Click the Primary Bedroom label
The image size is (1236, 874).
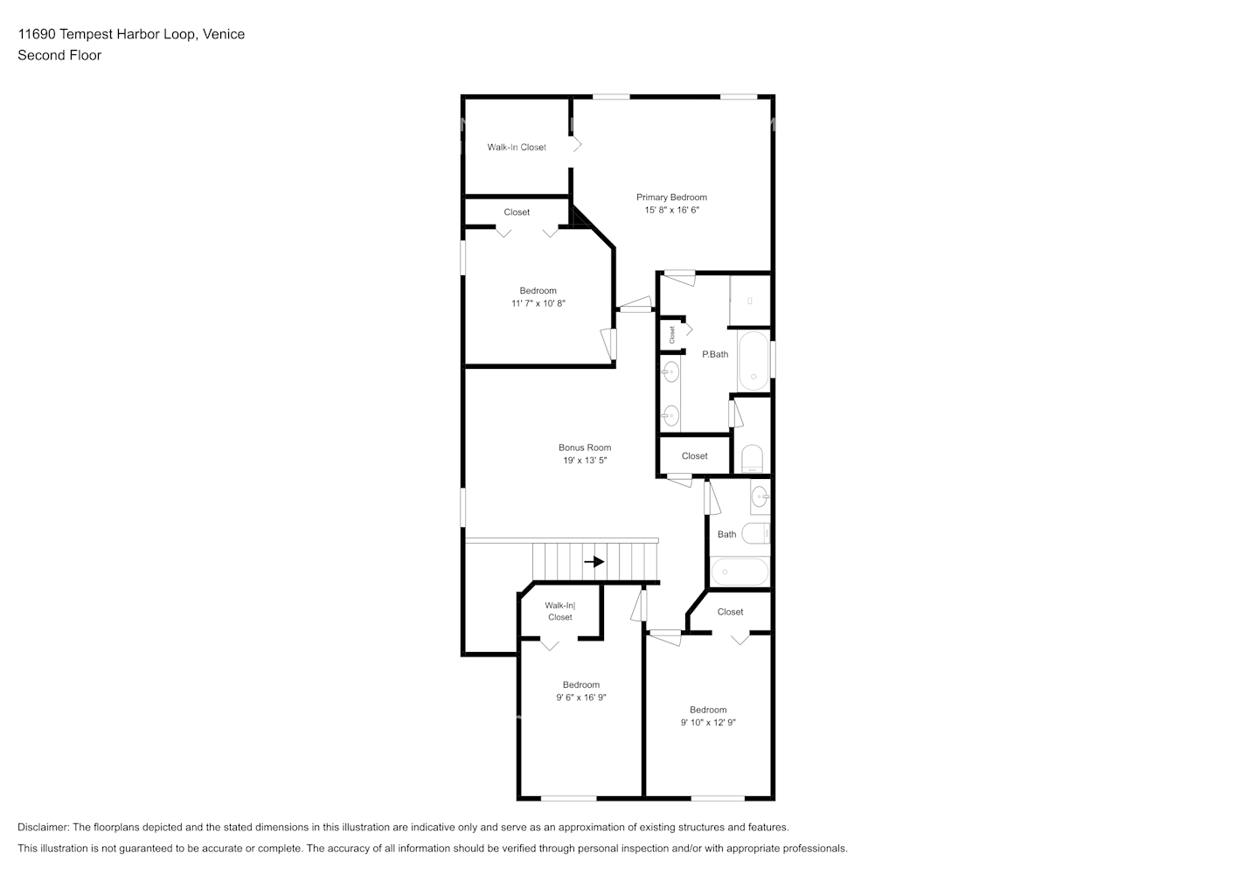click(671, 198)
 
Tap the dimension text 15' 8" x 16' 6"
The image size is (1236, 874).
click(671, 211)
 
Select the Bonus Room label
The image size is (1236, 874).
click(585, 447)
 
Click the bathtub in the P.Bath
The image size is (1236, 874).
click(753, 361)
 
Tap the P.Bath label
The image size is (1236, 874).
click(715, 354)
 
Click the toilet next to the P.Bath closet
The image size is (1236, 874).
click(752, 458)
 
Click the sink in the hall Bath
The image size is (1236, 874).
click(760, 497)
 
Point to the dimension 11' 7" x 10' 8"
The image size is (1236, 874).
click(538, 304)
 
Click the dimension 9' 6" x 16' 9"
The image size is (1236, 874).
click(581, 697)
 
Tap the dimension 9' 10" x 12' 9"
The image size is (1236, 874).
click(708, 723)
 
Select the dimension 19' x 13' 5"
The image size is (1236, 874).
click(585, 461)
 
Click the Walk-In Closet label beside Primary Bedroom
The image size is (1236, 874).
click(517, 147)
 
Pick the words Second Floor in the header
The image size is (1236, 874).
click(59, 55)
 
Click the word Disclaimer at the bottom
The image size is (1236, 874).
click(43, 827)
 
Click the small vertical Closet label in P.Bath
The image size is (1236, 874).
click(672, 334)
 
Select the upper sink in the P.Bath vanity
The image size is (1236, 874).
click(670, 372)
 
